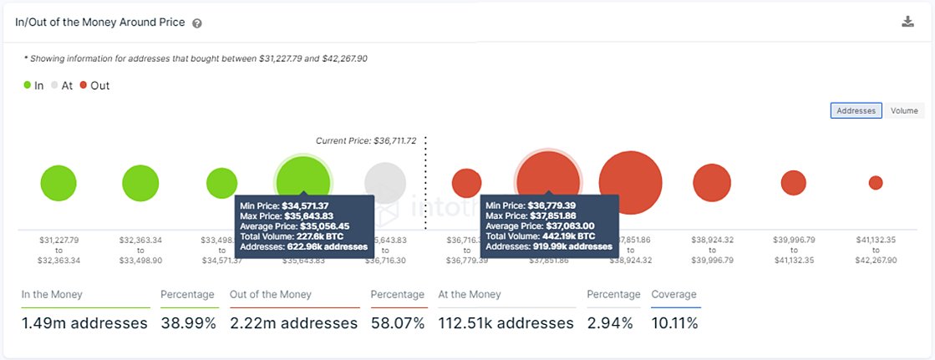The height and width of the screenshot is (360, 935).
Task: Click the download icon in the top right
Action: click(907, 22)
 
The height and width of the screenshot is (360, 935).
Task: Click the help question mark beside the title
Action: click(197, 23)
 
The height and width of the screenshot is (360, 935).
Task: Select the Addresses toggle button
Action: click(856, 110)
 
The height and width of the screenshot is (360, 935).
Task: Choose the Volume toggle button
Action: click(904, 110)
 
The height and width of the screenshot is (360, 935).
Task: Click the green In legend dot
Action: click(28, 85)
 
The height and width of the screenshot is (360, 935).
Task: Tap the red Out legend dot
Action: click(83, 85)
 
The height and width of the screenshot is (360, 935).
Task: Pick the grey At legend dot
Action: click(55, 85)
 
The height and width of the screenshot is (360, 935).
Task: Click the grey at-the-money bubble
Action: click(385, 181)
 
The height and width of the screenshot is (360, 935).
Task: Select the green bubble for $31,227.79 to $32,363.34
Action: click(58, 183)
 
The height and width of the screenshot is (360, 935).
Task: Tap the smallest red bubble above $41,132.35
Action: click(875, 182)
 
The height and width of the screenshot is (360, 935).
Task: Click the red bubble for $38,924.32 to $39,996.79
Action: click(712, 183)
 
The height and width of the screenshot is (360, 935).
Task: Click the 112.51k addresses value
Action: click(506, 322)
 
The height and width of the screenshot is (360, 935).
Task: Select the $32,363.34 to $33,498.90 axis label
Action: click(140, 250)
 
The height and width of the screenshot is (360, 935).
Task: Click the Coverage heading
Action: click(673, 294)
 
